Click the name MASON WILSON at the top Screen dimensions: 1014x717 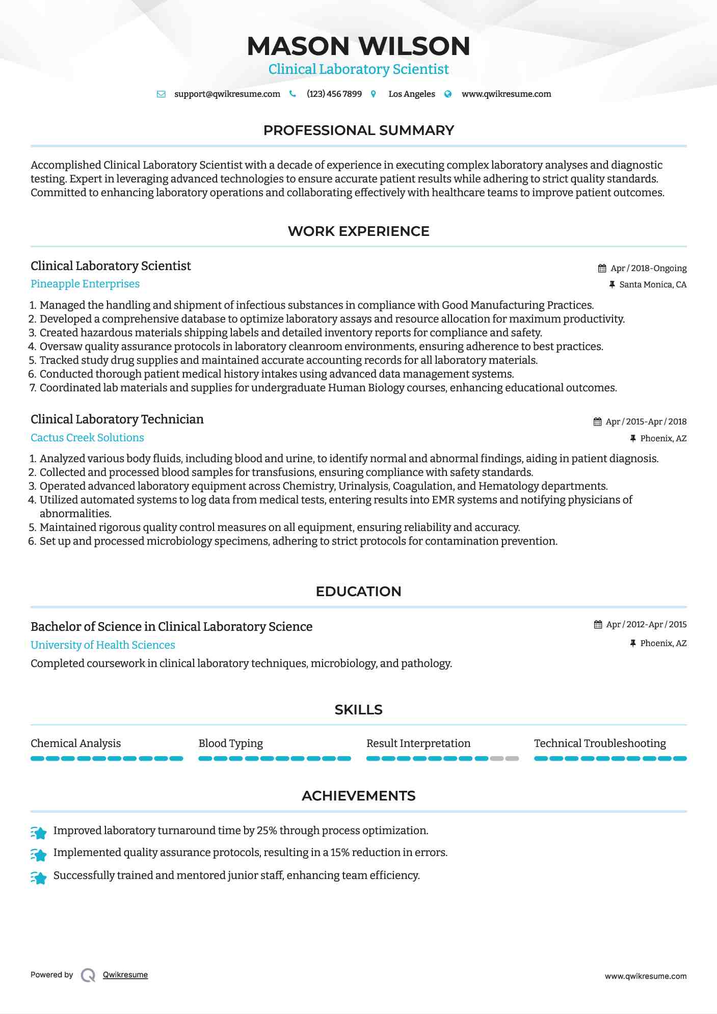[x=358, y=46]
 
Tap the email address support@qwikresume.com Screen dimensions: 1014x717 [x=227, y=94]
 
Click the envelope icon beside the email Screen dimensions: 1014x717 [x=161, y=94]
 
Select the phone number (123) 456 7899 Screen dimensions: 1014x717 [x=334, y=94]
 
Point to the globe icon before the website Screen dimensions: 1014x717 [x=448, y=94]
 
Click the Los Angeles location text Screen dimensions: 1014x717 [x=411, y=94]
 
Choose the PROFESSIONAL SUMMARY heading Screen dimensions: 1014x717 [x=358, y=130]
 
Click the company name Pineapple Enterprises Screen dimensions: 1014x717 [x=85, y=284]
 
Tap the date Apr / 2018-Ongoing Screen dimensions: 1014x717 [x=648, y=268]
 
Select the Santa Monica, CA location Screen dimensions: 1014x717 [x=652, y=284]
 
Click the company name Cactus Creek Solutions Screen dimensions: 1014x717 [x=87, y=437]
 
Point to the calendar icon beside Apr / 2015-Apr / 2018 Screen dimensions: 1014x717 [x=598, y=421]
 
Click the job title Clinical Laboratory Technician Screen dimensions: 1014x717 [x=117, y=419]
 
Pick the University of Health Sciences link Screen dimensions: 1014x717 [x=103, y=645]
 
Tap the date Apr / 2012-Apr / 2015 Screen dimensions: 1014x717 [x=646, y=624]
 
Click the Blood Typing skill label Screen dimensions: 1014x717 [x=231, y=743]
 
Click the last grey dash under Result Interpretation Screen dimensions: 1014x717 [x=512, y=758]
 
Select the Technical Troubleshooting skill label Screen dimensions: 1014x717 [x=600, y=743]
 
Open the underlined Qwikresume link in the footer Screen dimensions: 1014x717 [x=125, y=975]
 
